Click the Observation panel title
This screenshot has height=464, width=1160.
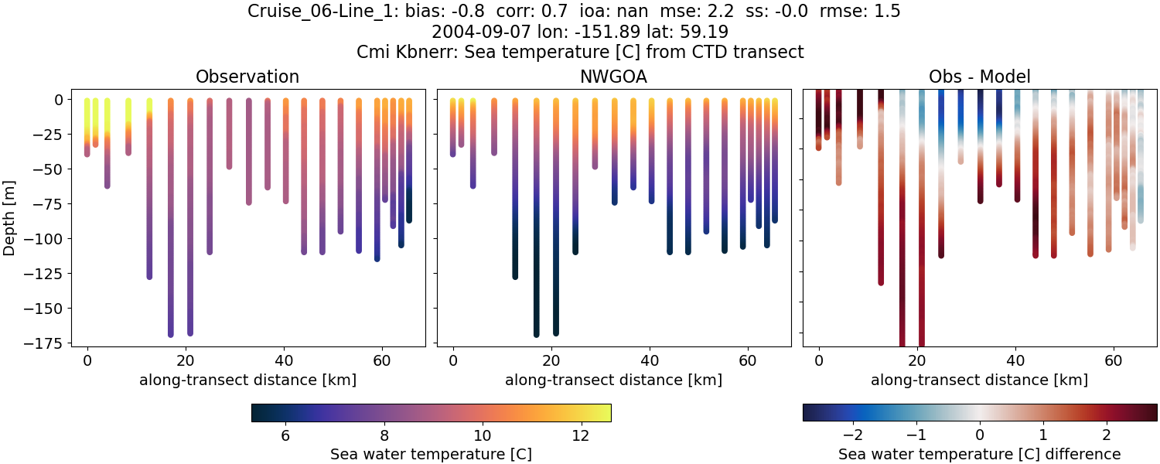247,77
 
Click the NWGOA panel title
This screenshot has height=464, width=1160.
614,77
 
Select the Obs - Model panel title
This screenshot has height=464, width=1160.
979,77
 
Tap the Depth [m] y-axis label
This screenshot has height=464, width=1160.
13,218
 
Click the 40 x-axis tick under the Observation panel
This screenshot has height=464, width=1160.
284,360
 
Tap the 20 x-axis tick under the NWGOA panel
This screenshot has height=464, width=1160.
551,360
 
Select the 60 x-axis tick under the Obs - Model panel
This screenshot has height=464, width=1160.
1114,360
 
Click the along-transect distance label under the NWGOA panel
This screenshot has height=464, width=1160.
613,380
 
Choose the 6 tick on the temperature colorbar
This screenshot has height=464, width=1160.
285,435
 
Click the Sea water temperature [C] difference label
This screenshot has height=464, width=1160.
979,454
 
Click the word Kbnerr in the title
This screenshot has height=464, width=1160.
418,52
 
